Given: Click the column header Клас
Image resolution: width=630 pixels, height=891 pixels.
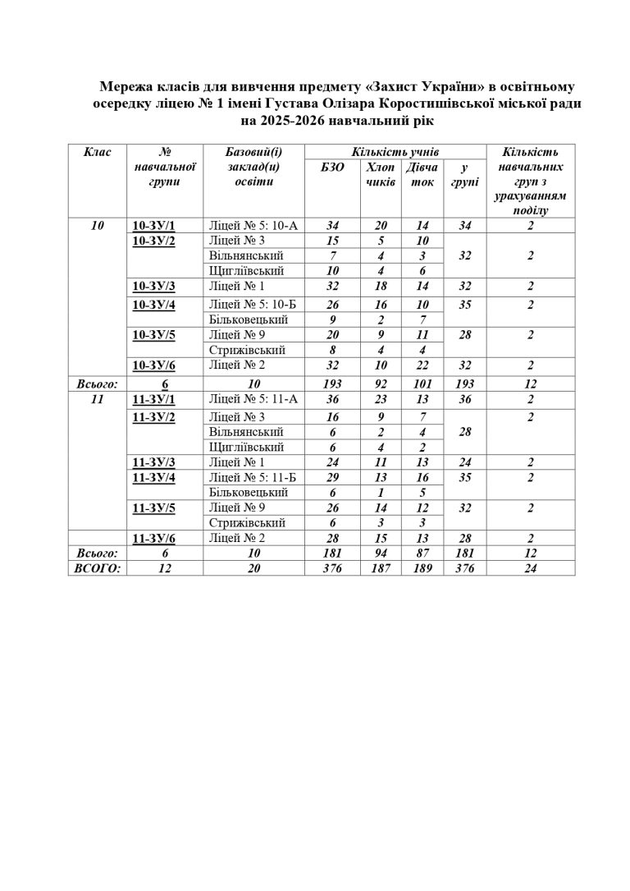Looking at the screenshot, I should click(x=98, y=152).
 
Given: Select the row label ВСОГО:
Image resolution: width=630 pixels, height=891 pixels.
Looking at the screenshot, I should click(x=98, y=567).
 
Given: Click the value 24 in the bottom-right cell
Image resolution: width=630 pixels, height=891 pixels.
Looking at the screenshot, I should click(x=531, y=567).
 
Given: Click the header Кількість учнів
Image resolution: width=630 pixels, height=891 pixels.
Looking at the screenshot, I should click(x=395, y=152).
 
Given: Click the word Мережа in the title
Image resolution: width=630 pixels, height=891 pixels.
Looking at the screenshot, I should click(x=123, y=86).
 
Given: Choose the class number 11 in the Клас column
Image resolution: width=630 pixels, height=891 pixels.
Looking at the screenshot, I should click(x=98, y=398).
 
